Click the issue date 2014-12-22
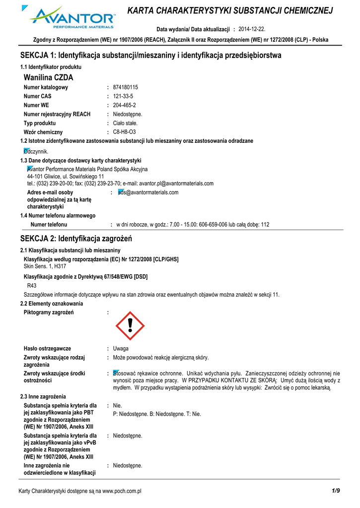pos(259,29)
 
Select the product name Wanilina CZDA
pos(48,77)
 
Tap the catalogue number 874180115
pos(126,87)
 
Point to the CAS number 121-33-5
pos(123,96)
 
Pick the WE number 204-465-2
pos(125,105)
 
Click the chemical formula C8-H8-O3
pos(125,132)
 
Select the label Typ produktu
pos(40,123)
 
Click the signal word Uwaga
pos(121,349)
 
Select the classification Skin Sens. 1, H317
pos(45,266)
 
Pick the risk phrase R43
pos(31,286)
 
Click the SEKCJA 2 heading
pos(76,239)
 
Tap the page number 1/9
pos(336,491)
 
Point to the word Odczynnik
pos(36,151)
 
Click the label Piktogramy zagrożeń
pos(49,312)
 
